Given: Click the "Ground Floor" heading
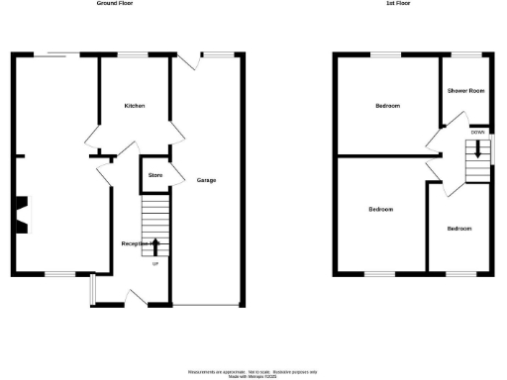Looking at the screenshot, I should click(x=116, y=4).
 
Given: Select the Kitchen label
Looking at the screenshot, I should click(x=135, y=105).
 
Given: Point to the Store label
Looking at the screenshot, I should click(x=154, y=175).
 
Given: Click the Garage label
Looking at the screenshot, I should click(x=206, y=180).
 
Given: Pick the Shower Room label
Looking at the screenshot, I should click(x=465, y=91).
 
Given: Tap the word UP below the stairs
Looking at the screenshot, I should click(x=155, y=263).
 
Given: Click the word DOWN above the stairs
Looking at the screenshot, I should click(x=478, y=132).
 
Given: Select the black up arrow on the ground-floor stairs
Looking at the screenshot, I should click(x=155, y=245).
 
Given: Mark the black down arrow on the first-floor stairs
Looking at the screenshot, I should click(x=479, y=149).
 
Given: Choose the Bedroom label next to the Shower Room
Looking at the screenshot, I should click(x=387, y=105).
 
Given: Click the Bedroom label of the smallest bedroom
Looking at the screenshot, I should click(x=458, y=229).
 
